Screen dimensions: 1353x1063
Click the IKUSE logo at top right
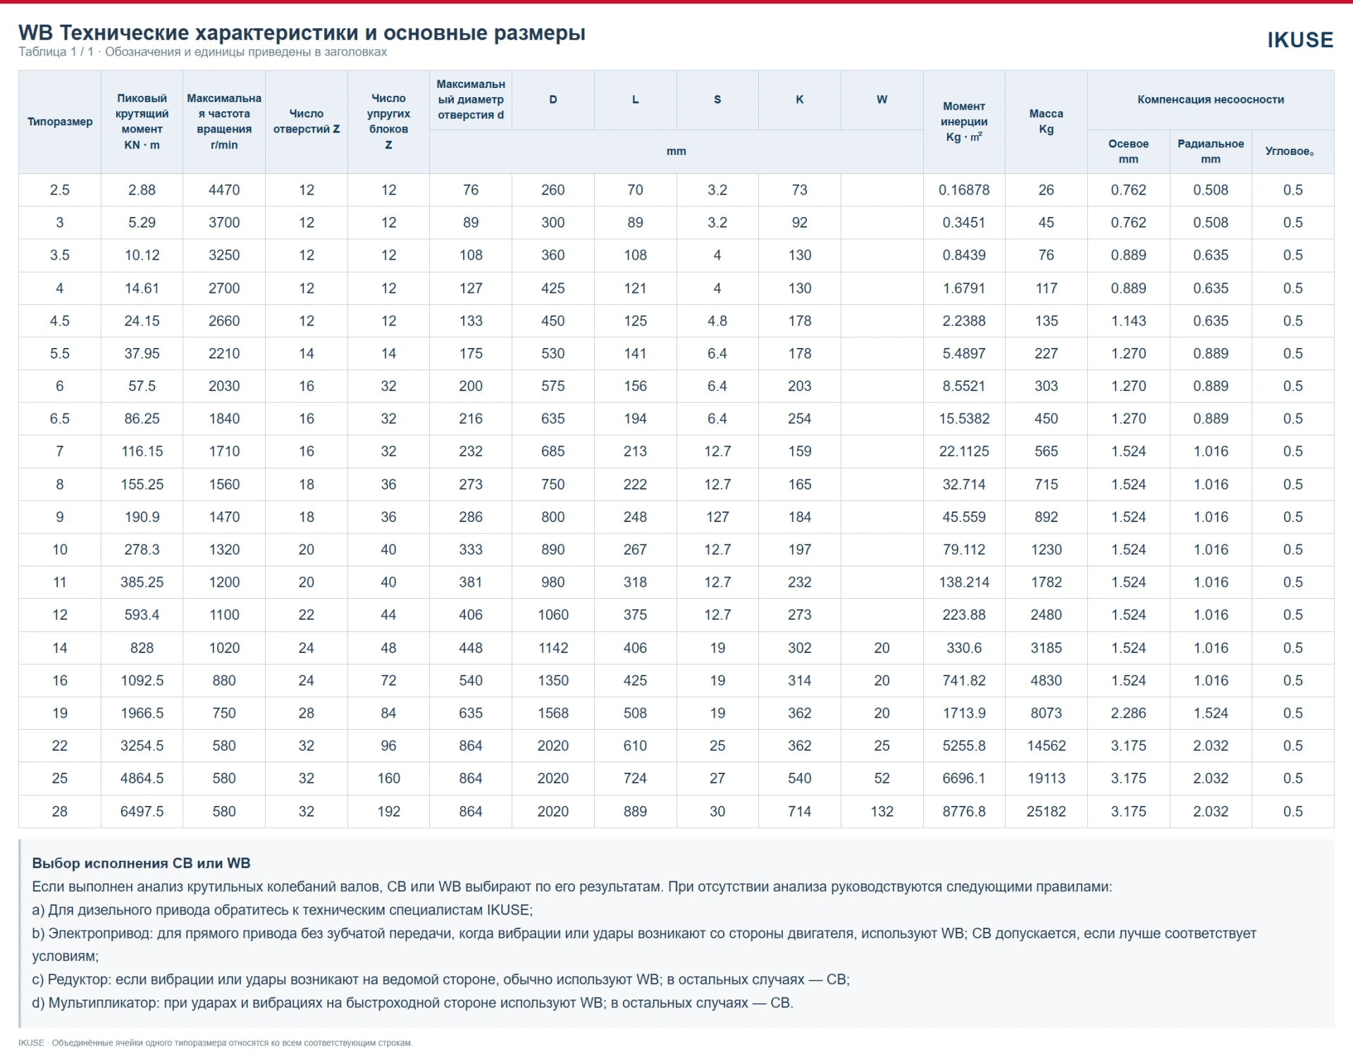(1300, 40)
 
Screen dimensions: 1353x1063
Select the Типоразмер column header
(60, 122)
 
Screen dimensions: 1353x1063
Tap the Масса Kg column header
(1046, 121)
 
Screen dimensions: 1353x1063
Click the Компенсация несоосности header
(1210, 100)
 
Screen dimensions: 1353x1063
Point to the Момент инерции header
(964, 121)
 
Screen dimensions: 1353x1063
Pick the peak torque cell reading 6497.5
(142, 812)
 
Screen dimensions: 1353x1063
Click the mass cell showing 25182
(1046, 812)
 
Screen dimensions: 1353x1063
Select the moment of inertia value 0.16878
(964, 190)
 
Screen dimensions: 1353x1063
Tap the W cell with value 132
(882, 812)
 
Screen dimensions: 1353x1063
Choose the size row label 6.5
(60, 419)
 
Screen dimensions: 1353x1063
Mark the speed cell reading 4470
(224, 190)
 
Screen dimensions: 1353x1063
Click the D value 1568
(553, 714)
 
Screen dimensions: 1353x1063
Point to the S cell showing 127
(717, 517)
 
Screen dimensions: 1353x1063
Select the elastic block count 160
(388, 778)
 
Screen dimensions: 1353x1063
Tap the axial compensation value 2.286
(1128, 714)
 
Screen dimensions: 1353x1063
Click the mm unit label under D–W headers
(676, 151)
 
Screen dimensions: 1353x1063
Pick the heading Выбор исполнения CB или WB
(141, 864)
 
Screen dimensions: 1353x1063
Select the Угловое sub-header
(1290, 151)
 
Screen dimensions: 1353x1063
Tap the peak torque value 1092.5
(142, 681)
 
